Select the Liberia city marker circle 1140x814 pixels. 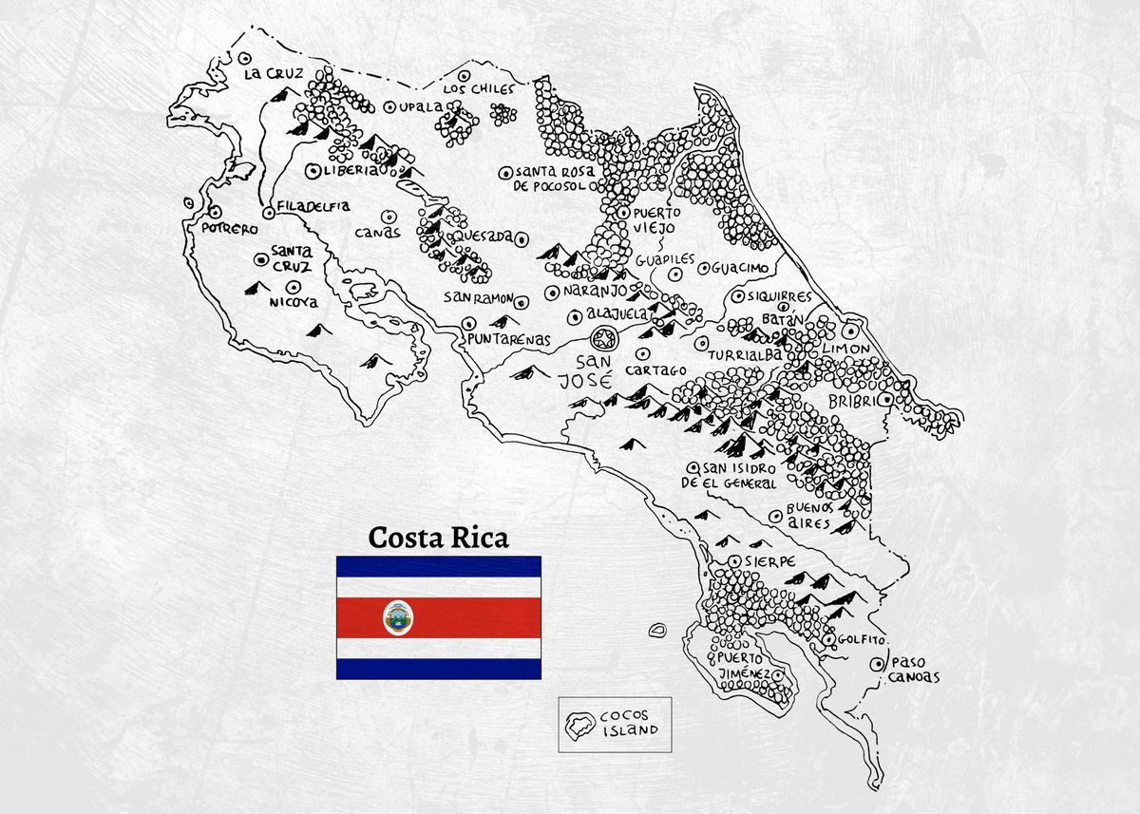tap(313, 171)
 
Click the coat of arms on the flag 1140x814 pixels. tap(398, 617)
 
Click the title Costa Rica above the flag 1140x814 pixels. tap(438, 538)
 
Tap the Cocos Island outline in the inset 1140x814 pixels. tap(577, 727)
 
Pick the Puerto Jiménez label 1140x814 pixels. tap(743, 666)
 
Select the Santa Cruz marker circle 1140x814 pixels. tap(260, 257)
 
